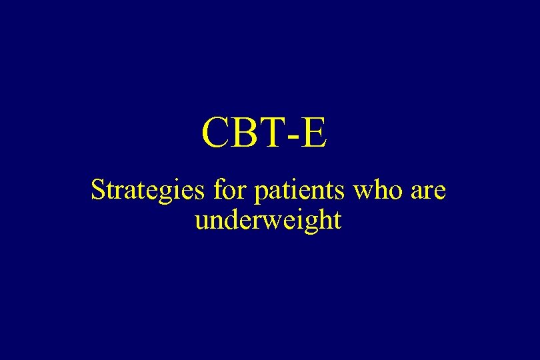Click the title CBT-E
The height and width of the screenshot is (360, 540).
coord(265,133)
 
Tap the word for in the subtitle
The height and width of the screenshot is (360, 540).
coord(229,191)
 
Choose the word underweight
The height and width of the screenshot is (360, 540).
coord(268,220)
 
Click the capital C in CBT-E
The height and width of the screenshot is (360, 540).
coord(216,133)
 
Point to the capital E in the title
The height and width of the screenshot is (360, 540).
coord(314,133)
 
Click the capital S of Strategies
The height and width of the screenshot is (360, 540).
coord(97,191)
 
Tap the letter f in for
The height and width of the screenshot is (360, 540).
coord(218,190)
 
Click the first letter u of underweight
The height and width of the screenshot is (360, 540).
coord(201,221)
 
